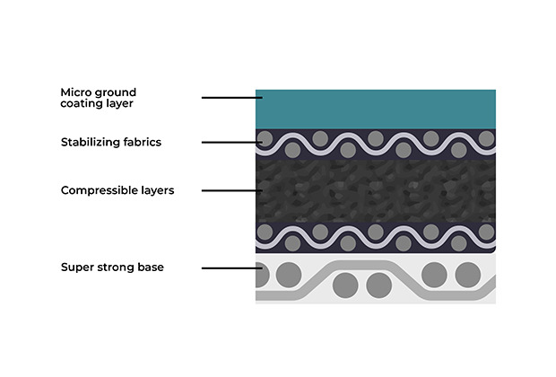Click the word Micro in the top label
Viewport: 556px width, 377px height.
coord(75,92)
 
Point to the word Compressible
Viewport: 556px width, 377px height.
coord(100,190)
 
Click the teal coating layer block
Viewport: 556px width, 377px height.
coord(376,109)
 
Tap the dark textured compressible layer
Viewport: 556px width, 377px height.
coord(376,190)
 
